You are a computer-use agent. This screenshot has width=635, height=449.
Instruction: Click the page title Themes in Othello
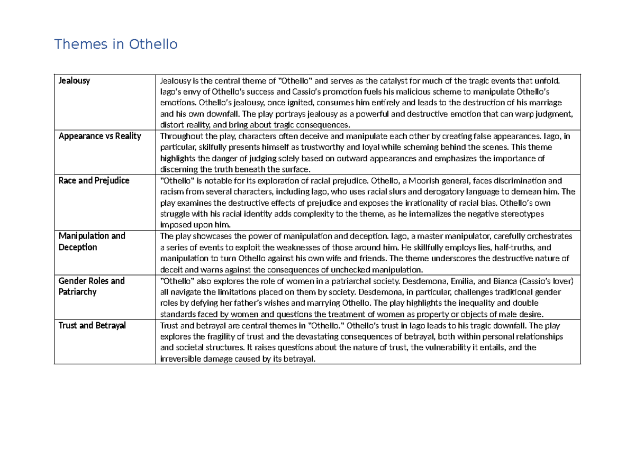click(x=116, y=44)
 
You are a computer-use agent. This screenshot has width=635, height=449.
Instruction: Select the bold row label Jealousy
click(x=74, y=81)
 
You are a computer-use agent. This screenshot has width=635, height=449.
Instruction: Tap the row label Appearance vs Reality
click(x=99, y=136)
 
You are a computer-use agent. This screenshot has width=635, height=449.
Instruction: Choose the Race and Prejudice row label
click(x=94, y=180)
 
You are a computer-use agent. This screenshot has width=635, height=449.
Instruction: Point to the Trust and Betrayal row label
click(x=92, y=325)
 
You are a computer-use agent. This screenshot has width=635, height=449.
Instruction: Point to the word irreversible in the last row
click(x=181, y=359)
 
